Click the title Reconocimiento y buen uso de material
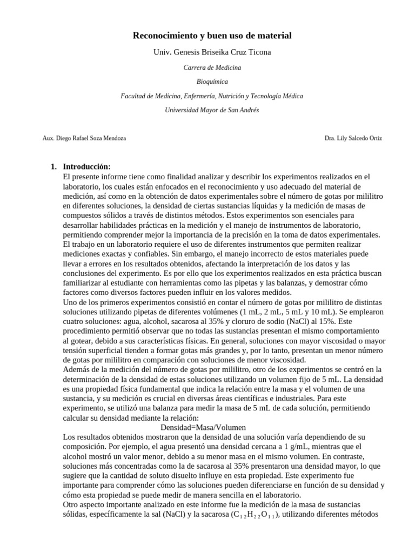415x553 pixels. point(212,36)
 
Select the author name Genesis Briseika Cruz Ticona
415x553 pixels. point(223,52)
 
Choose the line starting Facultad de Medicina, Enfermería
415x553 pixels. point(212,96)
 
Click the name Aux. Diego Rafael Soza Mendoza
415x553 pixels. point(84,138)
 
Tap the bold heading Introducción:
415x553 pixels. point(86,167)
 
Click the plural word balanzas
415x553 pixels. point(282,282)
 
